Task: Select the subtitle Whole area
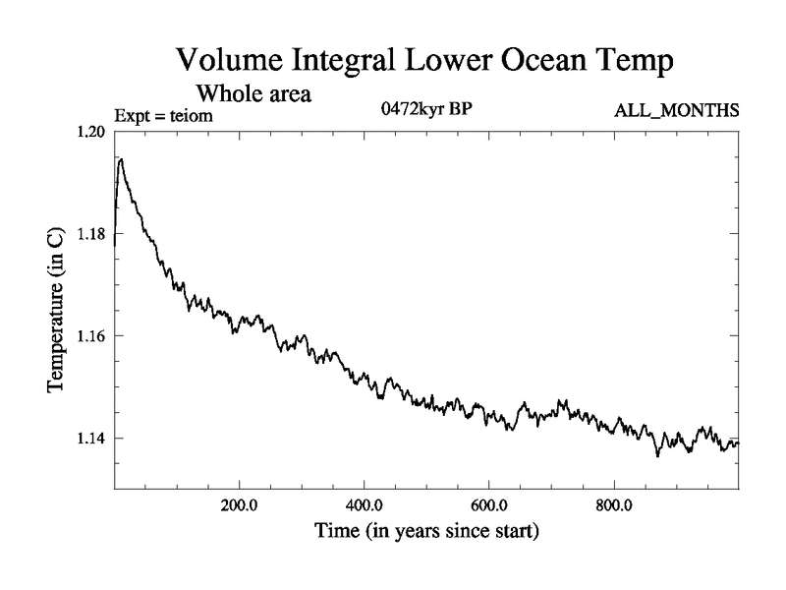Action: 254,94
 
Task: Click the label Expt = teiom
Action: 163,116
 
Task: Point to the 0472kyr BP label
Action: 426,109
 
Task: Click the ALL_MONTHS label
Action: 676,110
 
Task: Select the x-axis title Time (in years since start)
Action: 426,533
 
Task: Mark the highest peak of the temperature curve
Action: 120,158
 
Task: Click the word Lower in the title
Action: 457,61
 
